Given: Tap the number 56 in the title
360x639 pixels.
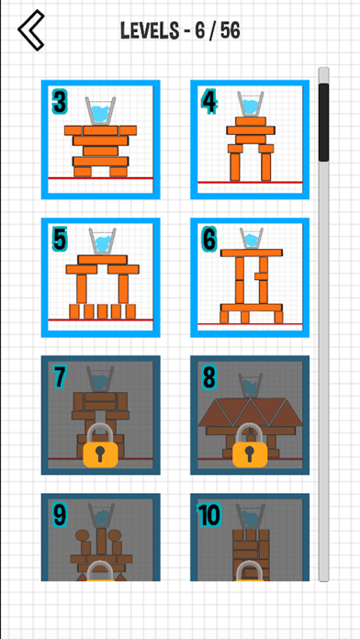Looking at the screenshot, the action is pos(231,30).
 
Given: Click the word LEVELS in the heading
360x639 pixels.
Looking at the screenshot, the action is pos(150,30).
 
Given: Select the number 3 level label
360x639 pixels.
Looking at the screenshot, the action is pos(59,102).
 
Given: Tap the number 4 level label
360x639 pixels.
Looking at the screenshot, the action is pos(208,102).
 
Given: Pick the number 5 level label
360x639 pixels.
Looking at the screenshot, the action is pos(59,240).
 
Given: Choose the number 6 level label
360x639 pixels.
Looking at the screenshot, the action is pos(208,240).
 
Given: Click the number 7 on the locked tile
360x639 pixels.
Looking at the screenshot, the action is pos(59,377).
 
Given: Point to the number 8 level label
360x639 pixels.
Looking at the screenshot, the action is pos(208,377).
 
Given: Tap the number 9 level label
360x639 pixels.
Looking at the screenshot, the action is pos(60,515).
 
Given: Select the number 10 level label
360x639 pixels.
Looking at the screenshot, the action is pos(208,515).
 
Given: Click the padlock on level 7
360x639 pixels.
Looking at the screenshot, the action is pos(100,445).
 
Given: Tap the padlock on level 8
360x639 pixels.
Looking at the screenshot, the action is pos(250,445).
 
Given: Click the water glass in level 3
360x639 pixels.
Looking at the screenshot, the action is pos(100,111).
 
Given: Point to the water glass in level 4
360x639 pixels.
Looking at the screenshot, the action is pos(251,104).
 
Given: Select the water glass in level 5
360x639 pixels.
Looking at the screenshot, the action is pos(101,241).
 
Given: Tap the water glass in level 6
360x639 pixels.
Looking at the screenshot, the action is pos(251,238).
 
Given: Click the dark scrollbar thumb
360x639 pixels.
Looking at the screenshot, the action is pos(323,122).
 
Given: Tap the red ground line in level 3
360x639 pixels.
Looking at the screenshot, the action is pos(100,178).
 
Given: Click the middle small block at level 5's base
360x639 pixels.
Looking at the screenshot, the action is pos(102,311).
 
